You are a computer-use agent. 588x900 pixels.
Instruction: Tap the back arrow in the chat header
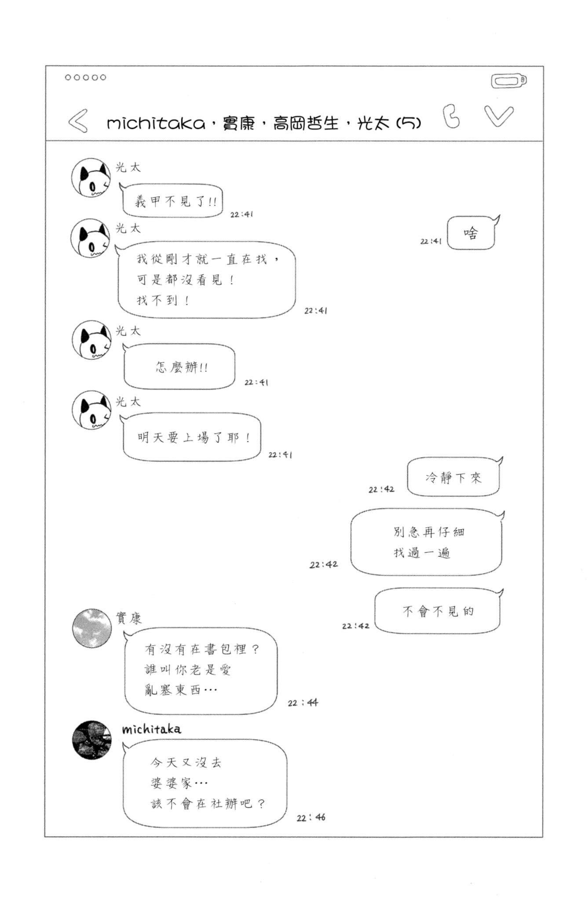[x=78, y=121]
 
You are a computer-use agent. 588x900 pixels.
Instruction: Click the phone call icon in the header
[x=451, y=117]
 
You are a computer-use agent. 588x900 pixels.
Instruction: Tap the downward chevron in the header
[x=499, y=116]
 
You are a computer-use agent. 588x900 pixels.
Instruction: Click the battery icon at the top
[x=509, y=81]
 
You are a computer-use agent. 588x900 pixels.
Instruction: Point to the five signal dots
[x=85, y=77]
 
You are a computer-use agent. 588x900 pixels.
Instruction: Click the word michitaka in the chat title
[x=156, y=123]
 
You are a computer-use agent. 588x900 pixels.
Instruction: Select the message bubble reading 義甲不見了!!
[x=173, y=201]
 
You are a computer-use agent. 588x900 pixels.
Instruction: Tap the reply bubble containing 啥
[x=471, y=233]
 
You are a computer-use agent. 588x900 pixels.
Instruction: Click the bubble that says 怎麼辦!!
[x=179, y=367]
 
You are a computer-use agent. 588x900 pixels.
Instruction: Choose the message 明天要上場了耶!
[x=192, y=437]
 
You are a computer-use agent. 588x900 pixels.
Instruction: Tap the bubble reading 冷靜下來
[x=453, y=477]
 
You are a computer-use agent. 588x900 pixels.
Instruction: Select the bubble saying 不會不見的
[x=438, y=611]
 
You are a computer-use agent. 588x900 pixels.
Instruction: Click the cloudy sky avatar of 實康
[x=91, y=628]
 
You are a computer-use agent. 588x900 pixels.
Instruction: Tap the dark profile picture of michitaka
[x=91, y=740]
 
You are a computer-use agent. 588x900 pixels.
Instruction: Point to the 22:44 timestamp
[x=303, y=703]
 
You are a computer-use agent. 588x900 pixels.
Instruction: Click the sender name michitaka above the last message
[x=151, y=729]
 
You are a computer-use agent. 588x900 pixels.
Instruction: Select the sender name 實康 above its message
[x=128, y=618]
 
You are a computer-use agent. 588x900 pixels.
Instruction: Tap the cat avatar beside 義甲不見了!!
[x=91, y=178]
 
